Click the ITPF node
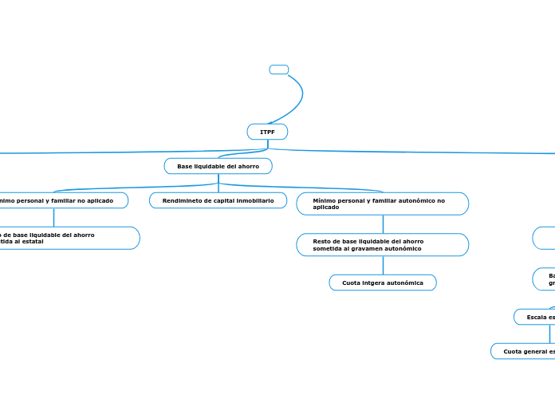[x=267, y=132]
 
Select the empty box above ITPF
[x=279, y=69]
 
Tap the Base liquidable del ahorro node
[x=218, y=166]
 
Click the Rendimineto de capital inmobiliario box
[x=218, y=200]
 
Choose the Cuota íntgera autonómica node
[x=383, y=283]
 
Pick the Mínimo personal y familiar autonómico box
[x=382, y=204]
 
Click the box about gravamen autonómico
[x=382, y=244]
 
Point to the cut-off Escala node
[x=534, y=317]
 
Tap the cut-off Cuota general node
[x=523, y=351]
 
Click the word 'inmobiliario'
[x=254, y=200]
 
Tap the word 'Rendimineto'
[x=182, y=200]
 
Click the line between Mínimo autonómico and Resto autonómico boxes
[x=383, y=224]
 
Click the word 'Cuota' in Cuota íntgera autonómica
[x=351, y=283]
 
